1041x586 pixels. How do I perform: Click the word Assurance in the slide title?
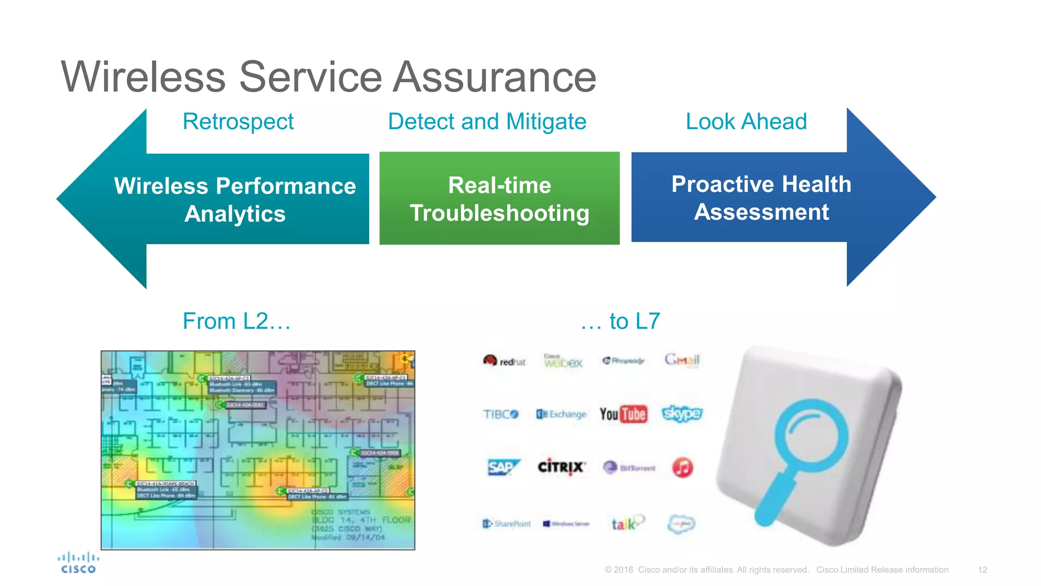point(495,77)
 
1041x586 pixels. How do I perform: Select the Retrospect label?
point(238,122)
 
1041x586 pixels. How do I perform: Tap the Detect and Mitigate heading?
point(486,122)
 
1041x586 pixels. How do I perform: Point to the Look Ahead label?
point(746,122)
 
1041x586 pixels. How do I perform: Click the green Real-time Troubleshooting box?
point(499,199)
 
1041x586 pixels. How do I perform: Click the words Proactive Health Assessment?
point(761,198)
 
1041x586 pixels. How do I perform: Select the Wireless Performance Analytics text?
point(235,199)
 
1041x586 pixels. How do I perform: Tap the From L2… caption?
point(236,321)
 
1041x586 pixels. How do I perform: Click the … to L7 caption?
point(620,321)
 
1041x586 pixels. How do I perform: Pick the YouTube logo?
point(623,414)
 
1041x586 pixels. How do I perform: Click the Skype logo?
point(682,414)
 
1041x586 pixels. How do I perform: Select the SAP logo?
point(502,467)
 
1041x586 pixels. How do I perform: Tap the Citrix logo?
point(561,466)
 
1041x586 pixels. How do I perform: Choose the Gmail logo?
point(682,360)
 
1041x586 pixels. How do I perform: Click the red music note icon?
point(682,467)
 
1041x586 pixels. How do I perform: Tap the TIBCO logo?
point(501,414)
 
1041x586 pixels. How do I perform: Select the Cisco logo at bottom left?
point(78,563)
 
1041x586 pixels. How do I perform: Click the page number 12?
point(982,570)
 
